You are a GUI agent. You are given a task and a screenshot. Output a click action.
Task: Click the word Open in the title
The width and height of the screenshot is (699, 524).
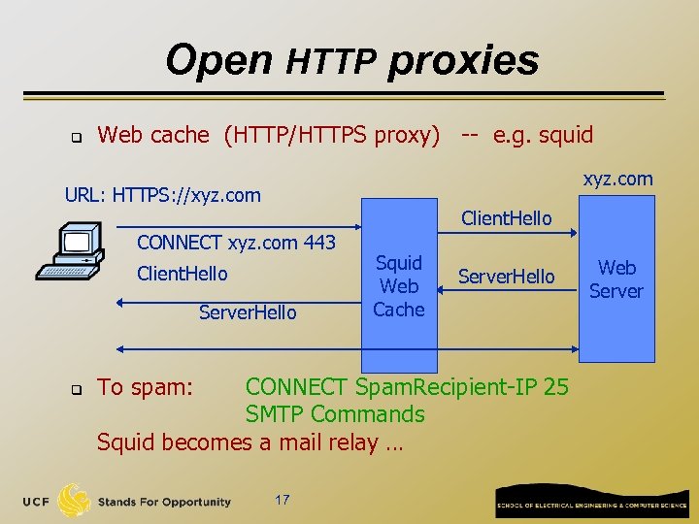click(x=219, y=60)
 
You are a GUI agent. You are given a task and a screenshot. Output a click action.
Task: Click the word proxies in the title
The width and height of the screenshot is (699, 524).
click(x=463, y=60)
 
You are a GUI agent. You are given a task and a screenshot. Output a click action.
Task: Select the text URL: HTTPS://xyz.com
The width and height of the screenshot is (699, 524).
click(x=163, y=195)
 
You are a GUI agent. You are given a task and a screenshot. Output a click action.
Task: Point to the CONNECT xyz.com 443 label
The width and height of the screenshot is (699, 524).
click(x=237, y=243)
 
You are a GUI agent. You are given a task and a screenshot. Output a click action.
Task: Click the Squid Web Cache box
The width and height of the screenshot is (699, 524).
click(x=398, y=286)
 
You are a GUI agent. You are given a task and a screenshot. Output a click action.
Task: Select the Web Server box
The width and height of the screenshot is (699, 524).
click(x=616, y=278)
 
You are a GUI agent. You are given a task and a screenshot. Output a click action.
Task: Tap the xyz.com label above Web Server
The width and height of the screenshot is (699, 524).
click(x=617, y=179)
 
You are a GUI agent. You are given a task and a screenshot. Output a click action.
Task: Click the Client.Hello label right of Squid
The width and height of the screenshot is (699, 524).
click(x=506, y=218)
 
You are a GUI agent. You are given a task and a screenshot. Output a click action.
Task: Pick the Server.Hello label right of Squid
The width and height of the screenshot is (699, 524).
click(x=506, y=277)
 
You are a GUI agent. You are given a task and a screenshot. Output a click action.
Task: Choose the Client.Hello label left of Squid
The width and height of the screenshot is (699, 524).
click(x=183, y=274)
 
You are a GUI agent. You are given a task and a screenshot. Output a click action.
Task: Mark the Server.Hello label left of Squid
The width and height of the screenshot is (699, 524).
click(x=248, y=312)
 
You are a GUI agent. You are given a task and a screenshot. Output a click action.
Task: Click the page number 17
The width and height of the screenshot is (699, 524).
click(x=282, y=500)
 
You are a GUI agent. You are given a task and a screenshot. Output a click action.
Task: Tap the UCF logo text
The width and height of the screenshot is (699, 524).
click(x=36, y=502)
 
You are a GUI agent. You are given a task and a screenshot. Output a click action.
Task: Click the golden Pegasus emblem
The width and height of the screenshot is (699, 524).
click(x=75, y=500)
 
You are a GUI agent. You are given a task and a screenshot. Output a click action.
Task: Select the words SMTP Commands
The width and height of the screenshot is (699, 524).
click(x=335, y=414)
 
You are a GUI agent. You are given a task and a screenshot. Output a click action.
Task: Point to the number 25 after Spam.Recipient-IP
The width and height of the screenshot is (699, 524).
click(x=556, y=387)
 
